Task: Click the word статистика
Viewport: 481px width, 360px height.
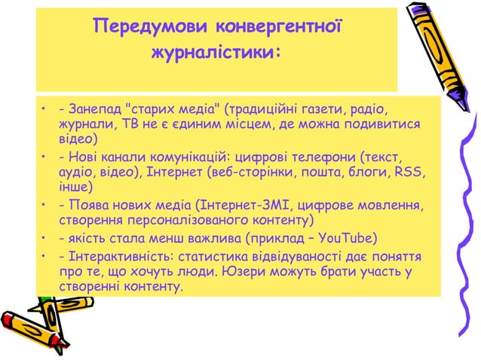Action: tap(215, 256)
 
